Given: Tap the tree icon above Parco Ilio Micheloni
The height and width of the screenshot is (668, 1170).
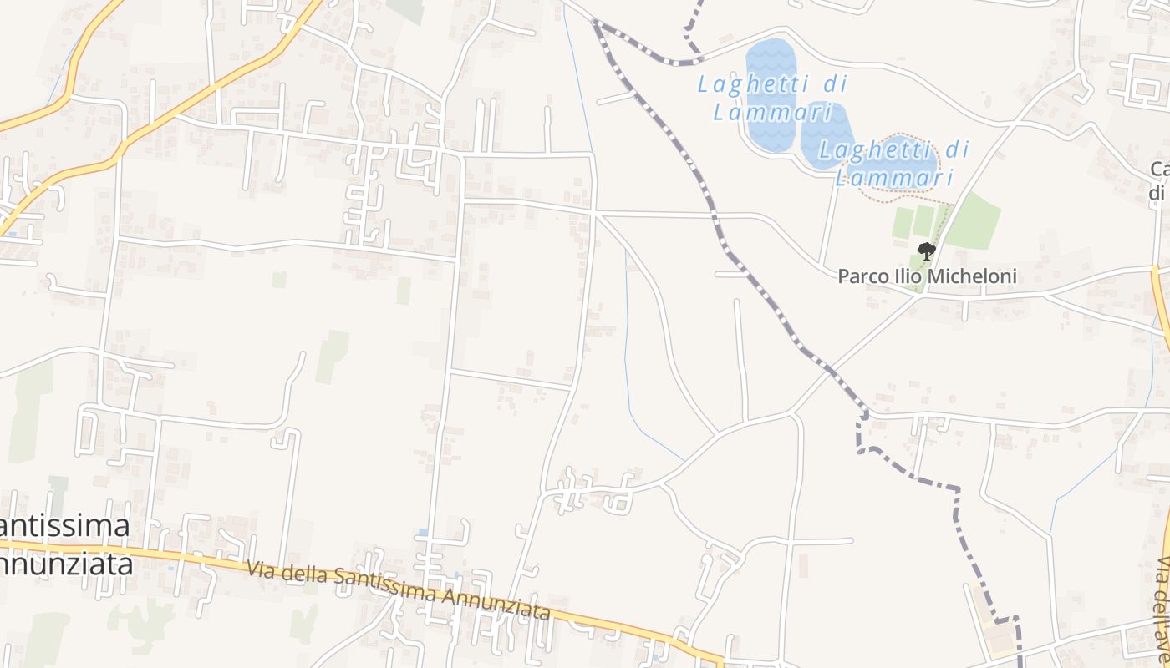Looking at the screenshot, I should (926, 250).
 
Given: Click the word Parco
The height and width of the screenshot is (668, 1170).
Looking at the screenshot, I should (862, 276).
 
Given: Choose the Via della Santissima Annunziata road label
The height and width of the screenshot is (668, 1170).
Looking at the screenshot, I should (399, 590).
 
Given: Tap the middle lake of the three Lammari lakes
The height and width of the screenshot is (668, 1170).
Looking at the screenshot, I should (827, 134).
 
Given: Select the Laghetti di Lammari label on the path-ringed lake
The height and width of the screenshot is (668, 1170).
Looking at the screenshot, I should (894, 164).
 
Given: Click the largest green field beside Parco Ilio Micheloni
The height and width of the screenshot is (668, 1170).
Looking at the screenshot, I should (973, 220).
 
